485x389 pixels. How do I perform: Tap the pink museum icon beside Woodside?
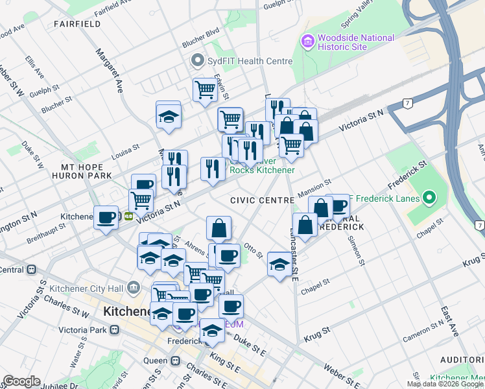[308, 42]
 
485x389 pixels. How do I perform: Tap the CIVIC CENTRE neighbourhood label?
[261, 200]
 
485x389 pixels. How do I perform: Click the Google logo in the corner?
[21, 381]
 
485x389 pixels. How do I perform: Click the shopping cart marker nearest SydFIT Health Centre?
[205, 89]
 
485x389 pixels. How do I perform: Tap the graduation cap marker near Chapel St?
[279, 264]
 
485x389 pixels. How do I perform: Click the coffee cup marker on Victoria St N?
[106, 217]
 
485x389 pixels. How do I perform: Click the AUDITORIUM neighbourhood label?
[462, 360]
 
